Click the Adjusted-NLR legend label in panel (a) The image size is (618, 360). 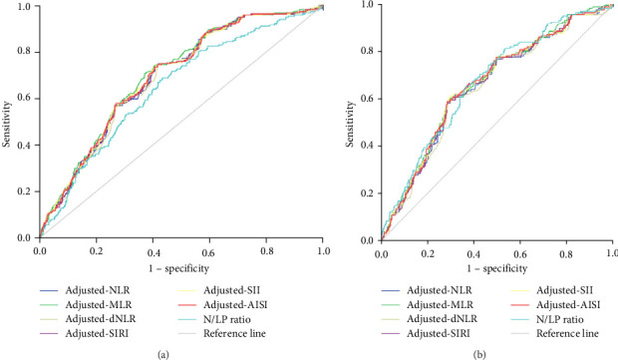point(98,290)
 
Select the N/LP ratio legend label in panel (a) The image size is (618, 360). point(227,319)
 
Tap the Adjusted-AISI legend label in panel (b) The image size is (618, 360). point(568,305)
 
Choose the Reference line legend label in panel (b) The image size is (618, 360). point(567,334)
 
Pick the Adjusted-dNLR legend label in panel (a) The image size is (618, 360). point(101,319)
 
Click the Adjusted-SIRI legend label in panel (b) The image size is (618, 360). point(439,334)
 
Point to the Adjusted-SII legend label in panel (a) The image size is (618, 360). point(231,290)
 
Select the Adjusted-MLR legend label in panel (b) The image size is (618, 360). point(440,305)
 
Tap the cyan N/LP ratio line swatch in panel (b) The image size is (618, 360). point(521,320)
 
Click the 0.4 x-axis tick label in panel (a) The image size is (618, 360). point(153,251)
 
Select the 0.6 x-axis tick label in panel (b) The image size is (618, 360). point(520,254)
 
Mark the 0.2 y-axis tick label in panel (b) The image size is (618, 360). point(367,193)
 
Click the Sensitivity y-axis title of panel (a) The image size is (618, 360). point(6,124)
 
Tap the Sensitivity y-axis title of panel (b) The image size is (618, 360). point(350,124)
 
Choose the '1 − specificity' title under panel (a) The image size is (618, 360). point(179,269)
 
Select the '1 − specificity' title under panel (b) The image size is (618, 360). point(497,269)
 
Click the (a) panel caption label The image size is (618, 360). point(163,355)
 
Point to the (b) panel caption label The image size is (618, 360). point(479,355)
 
